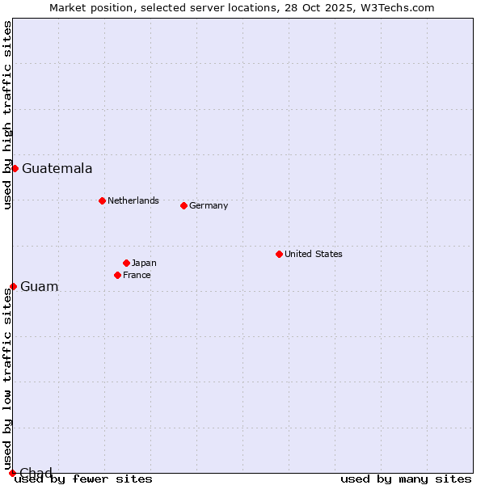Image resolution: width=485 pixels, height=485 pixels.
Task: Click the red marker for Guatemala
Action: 15,168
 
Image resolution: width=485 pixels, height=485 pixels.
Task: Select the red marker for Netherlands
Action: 102,200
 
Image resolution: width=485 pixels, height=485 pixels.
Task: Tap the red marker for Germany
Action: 183,205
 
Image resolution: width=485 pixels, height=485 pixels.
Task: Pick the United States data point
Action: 279,254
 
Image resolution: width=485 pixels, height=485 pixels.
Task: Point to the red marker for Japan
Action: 126,263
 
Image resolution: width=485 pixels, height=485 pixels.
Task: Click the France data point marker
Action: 117,275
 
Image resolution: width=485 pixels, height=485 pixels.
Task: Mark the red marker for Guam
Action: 13,286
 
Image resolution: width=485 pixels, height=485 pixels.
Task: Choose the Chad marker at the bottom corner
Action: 12,473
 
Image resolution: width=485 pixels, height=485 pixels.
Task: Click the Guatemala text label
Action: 57,169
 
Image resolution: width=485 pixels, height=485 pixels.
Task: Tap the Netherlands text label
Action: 133,200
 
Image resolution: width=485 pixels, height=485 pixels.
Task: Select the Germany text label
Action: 209,205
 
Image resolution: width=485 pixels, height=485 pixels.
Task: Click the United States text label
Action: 313,254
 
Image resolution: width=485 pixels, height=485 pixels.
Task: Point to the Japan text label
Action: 144,263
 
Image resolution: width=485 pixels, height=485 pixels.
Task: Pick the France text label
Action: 137,275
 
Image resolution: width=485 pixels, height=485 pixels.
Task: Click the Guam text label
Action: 39,287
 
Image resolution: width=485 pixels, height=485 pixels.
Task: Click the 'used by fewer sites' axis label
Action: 83,479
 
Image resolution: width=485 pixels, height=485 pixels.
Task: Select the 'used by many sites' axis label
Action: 406,479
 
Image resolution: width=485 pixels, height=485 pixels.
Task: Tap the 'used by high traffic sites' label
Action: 7,115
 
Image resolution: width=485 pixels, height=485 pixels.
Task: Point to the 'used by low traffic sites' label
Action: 7,380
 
